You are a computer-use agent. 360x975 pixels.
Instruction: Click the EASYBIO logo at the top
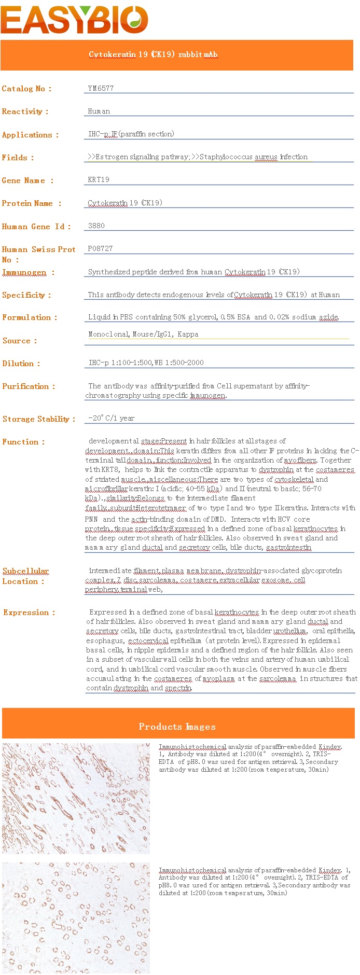tap(74, 20)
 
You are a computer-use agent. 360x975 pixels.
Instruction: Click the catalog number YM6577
tap(101, 88)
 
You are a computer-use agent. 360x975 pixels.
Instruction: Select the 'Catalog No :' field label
tap(26, 89)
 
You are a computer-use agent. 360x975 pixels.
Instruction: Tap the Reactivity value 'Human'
tap(99, 111)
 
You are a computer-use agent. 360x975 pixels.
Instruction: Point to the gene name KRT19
tap(99, 179)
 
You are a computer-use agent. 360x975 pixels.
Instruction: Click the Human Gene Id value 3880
tap(96, 226)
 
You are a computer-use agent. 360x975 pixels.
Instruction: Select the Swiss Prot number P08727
tap(100, 248)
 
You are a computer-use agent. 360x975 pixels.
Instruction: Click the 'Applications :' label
tap(30, 135)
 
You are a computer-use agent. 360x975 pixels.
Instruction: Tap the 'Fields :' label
tap(18, 158)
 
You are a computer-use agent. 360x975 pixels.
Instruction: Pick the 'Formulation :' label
tap(30, 317)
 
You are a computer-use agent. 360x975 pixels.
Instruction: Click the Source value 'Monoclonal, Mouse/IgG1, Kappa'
tap(143, 334)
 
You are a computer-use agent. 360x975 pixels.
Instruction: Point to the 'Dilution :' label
tap(21, 364)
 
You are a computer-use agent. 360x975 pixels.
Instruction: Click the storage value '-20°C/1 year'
tap(111, 418)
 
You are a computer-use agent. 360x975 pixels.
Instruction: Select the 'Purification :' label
tap(29, 386)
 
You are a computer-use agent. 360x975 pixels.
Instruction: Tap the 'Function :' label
tap(23, 442)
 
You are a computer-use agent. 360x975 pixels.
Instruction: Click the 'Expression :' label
tap(29, 612)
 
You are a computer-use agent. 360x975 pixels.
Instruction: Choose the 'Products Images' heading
tap(177, 726)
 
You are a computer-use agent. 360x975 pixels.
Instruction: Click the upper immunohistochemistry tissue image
tap(76, 798)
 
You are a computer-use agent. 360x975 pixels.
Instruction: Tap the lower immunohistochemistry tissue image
tap(76, 917)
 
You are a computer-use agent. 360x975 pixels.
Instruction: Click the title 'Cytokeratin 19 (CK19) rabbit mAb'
tap(153, 54)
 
